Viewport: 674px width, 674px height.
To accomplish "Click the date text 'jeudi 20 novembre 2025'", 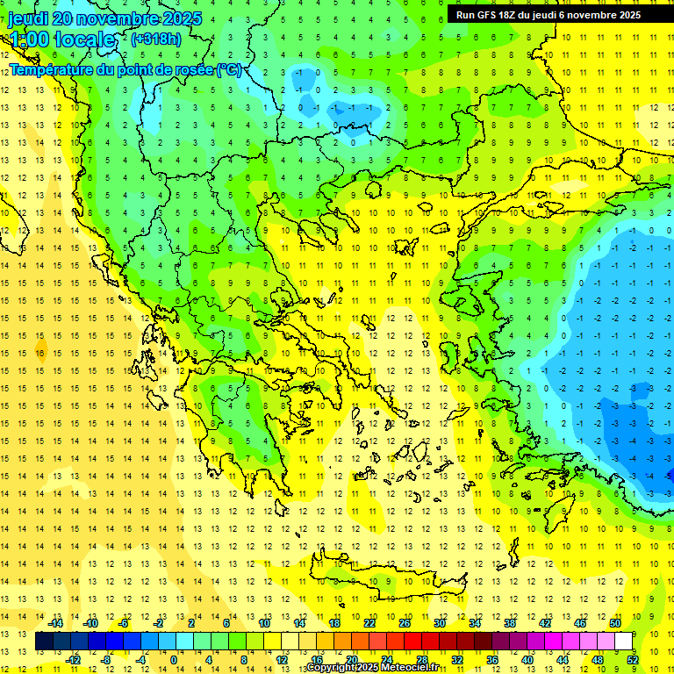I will [x=104, y=18].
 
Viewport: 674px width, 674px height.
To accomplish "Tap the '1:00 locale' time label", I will [x=62, y=39].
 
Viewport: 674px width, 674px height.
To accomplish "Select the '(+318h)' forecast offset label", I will [x=156, y=39].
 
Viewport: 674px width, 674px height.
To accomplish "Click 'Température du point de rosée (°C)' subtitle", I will [x=125, y=69].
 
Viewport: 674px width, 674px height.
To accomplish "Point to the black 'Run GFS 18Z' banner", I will [x=549, y=14].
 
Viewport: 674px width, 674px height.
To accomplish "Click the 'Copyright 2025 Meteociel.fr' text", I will [x=372, y=668].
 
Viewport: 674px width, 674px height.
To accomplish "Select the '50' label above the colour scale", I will [x=614, y=622].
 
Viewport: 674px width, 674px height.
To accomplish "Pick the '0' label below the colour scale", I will [x=173, y=660].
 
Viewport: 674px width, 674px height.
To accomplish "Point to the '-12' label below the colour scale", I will [x=73, y=660].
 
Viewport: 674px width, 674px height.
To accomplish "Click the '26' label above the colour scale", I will [x=405, y=622].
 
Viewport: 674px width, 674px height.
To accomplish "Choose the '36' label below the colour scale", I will [x=491, y=660].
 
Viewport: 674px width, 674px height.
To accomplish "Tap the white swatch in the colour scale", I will [x=624, y=642].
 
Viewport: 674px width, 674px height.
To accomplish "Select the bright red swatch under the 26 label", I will [x=413, y=642].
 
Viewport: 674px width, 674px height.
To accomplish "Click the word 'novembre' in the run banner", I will [x=589, y=15].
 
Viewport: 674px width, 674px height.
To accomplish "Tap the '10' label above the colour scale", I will [x=264, y=622].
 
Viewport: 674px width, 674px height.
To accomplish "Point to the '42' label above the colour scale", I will [x=545, y=622].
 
